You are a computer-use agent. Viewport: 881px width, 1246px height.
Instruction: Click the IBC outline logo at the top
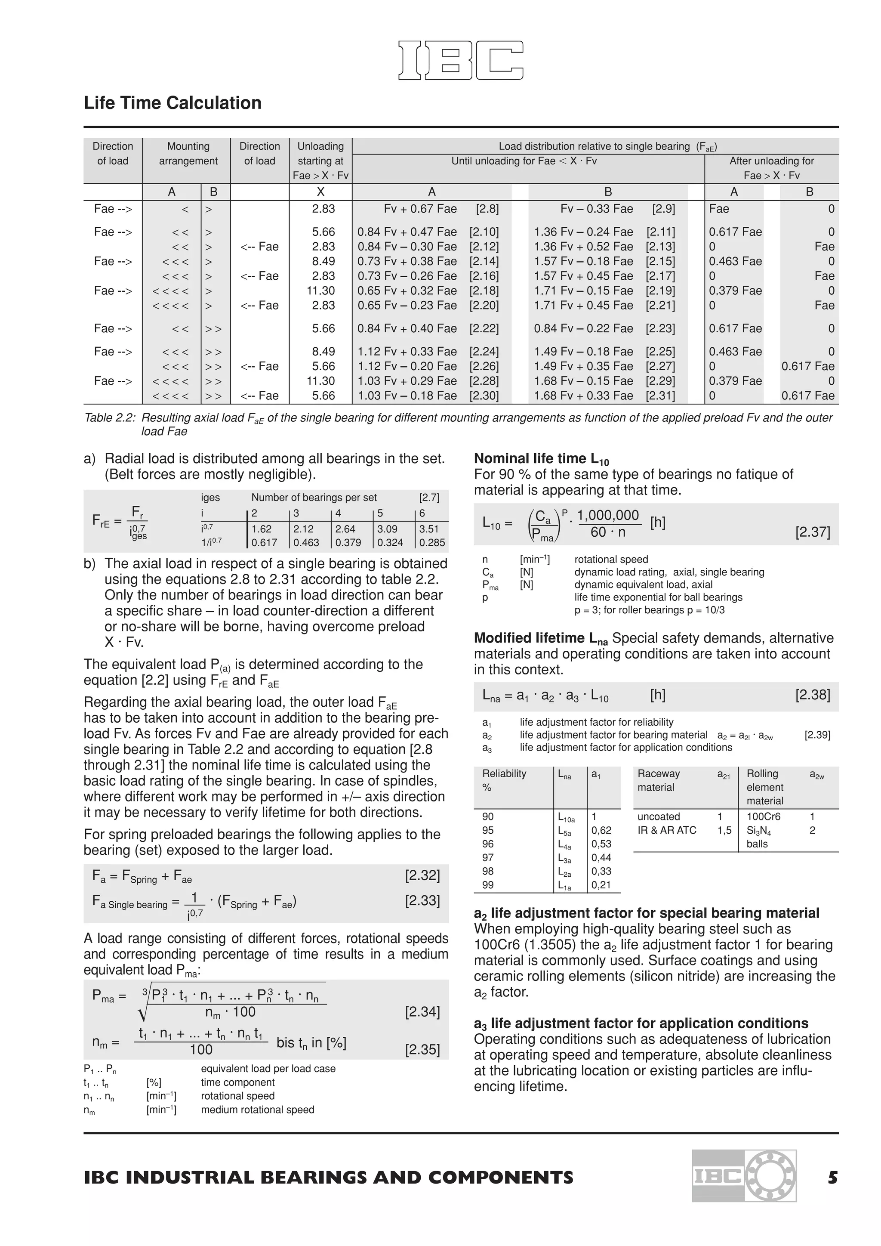click(461, 60)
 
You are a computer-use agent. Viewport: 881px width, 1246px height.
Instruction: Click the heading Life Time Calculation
click(173, 103)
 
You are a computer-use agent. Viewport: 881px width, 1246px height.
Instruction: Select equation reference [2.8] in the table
click(487, 209)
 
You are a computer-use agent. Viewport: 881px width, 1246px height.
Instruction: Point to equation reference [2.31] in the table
click(660, 396)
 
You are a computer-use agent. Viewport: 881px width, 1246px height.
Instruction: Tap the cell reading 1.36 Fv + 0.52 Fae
click(583, 246)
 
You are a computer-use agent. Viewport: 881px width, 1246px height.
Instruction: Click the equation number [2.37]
click(812, 532)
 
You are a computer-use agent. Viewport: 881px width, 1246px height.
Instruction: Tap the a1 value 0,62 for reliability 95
click(601, 830)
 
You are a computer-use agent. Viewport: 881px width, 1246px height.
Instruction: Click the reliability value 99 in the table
click(488, 885)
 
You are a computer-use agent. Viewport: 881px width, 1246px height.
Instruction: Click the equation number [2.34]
click(422, 1012)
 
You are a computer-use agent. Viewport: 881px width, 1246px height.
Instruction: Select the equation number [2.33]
click(422, 901)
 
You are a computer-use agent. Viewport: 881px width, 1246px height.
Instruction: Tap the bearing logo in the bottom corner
click(744, 1175)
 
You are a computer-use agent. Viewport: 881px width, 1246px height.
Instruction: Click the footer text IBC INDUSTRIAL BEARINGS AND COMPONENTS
click(328, 1178)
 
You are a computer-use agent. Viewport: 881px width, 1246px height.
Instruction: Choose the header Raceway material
click(659, 780)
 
